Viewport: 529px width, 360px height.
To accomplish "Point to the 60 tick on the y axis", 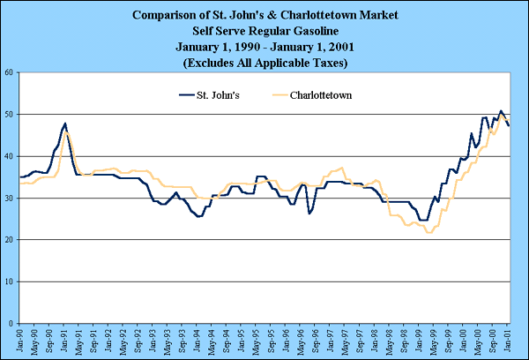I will pyautogui.click(x=9, y=72).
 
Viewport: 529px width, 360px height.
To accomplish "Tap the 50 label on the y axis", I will pyautogui.click(x=9, y=114).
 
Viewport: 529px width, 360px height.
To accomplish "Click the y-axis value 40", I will pyautogui.click(x=9, y=156).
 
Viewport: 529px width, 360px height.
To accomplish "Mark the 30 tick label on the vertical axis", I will pyautogui.click(x=9, y=198).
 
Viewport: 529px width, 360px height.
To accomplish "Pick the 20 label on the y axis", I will pyautogui.click(x=9, y=240).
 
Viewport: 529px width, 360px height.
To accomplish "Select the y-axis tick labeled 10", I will pyautogui.click(x=9, y=281).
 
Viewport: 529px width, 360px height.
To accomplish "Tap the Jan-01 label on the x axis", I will pyautogui.click(x=509, y=340).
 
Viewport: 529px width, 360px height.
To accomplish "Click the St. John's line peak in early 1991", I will pyautogui.click(x=65, y=124).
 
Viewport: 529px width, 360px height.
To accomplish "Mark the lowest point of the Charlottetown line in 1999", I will pyautogui.click(x=429, y=232).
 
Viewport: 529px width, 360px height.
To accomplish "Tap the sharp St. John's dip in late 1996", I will pyautogui.click(x=309, y=214).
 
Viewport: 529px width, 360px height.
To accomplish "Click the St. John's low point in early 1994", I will pyautogui.click(x=199, y=216).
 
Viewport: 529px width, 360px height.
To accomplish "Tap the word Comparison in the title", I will pyautogui.click(x=167, y=15).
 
